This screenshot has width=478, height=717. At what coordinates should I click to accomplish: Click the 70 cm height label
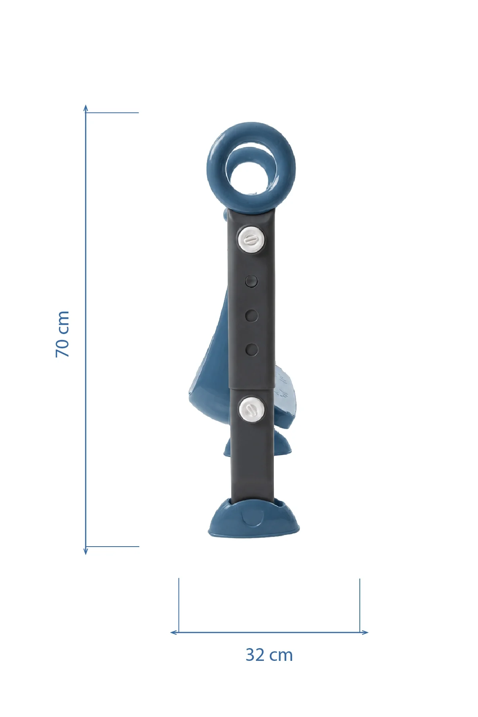62,334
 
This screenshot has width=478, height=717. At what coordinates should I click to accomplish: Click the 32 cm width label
269,655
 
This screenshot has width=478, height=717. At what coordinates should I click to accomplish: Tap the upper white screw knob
251,239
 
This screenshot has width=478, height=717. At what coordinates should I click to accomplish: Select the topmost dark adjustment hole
252,281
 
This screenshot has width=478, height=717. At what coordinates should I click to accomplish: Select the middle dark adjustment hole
252,316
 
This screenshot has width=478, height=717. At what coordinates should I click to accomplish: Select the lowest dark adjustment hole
252,350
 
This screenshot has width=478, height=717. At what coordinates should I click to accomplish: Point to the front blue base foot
254,518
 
